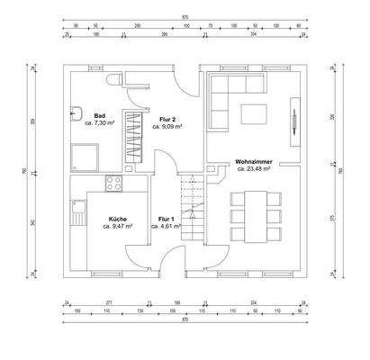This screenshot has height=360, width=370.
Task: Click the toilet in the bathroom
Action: click(112, 82)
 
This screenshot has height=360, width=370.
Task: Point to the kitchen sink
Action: click(75, 206)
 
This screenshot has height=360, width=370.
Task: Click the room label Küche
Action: click(117, 219)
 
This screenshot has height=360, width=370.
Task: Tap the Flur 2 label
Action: click(167, 118)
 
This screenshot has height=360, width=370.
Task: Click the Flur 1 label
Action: click(166, 219)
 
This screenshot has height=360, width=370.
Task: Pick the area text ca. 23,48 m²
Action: click(254, 171)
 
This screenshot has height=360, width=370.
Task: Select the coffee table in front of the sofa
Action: click(254, 112)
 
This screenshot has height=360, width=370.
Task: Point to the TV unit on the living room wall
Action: click(293, 116)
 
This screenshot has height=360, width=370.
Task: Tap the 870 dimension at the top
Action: click(185, 17)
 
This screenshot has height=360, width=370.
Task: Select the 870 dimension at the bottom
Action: click(185, 320)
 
